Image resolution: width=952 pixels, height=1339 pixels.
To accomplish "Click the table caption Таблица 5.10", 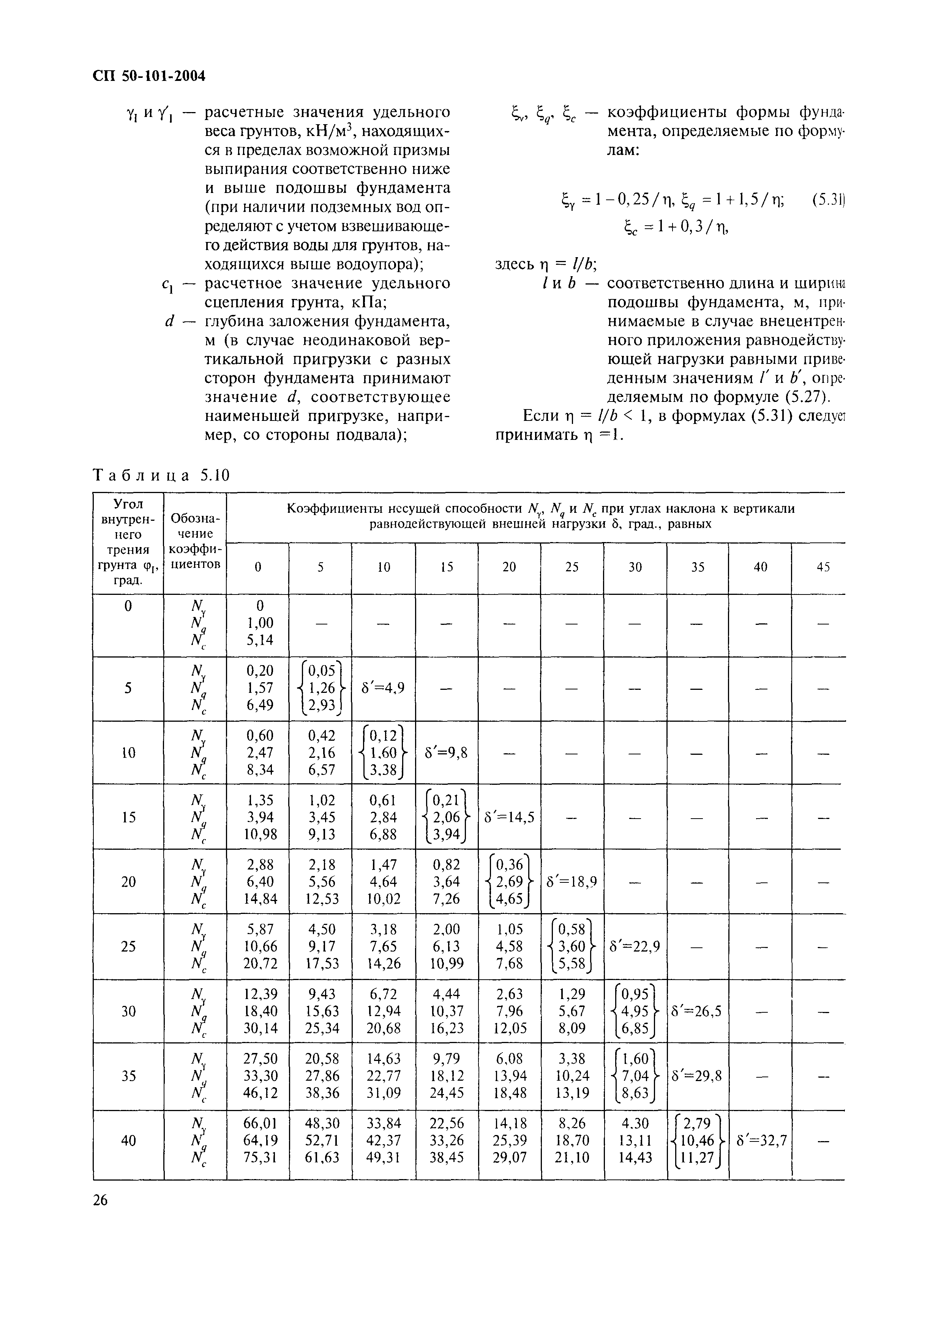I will click(162, 476).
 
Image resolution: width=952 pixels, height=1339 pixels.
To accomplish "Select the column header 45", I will click(823, 568).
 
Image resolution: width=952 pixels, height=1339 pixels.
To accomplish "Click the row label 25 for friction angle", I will click(128, 946).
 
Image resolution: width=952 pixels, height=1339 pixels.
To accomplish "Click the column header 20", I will click(509, 568).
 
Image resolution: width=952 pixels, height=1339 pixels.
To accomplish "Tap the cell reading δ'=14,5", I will click(509, 817).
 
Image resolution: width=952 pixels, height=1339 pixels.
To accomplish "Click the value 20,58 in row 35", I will click(320, 1058).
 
